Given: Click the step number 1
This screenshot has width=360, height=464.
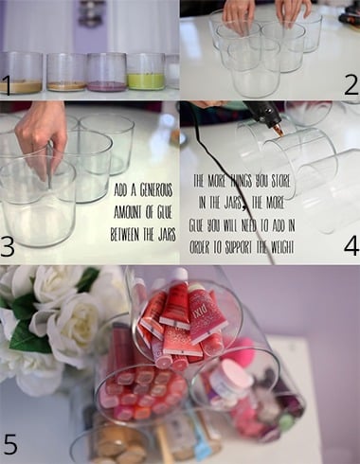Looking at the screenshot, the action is click(x=7, y=85).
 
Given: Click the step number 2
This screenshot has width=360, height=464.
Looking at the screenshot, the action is click(x=351, y=84).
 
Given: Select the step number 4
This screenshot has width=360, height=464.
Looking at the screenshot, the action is click(x=351, y=245).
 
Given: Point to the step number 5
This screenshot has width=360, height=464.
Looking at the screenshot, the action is click(x=10, y=444).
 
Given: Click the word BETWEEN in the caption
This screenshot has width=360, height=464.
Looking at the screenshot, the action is click(x=125, y=235).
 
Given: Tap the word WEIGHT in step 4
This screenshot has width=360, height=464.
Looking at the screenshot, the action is click(x=281, y=248).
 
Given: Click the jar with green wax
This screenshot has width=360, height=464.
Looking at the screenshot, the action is click(x=146, y=71).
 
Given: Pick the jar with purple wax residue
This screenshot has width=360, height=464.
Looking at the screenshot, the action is click(x=107, y=72).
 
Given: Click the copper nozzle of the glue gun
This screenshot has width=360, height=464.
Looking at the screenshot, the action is click(x=279, y=130).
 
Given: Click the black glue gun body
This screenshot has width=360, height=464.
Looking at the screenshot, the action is click(x=262, y=112).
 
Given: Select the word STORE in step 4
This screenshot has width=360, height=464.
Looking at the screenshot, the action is click(x=279, y=182).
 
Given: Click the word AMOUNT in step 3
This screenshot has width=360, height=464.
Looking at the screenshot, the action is click(x=128, y=213).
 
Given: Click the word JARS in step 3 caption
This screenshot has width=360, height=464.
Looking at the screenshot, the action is click(x=167, y=235).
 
